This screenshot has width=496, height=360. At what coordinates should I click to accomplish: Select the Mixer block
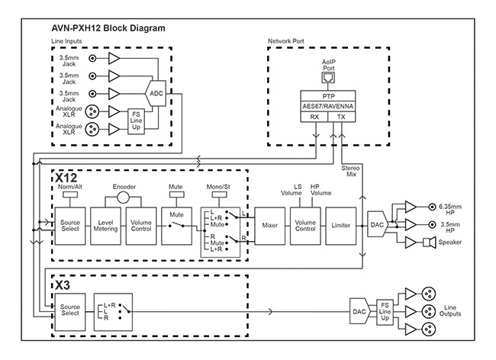click(269, 225)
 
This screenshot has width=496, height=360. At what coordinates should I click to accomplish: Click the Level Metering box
click(107, 225)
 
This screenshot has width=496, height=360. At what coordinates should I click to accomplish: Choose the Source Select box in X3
click(69, 310)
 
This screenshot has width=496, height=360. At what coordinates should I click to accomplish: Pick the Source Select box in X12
click(69, 225)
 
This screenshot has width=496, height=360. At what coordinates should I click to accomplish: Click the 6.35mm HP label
click(454, 206)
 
